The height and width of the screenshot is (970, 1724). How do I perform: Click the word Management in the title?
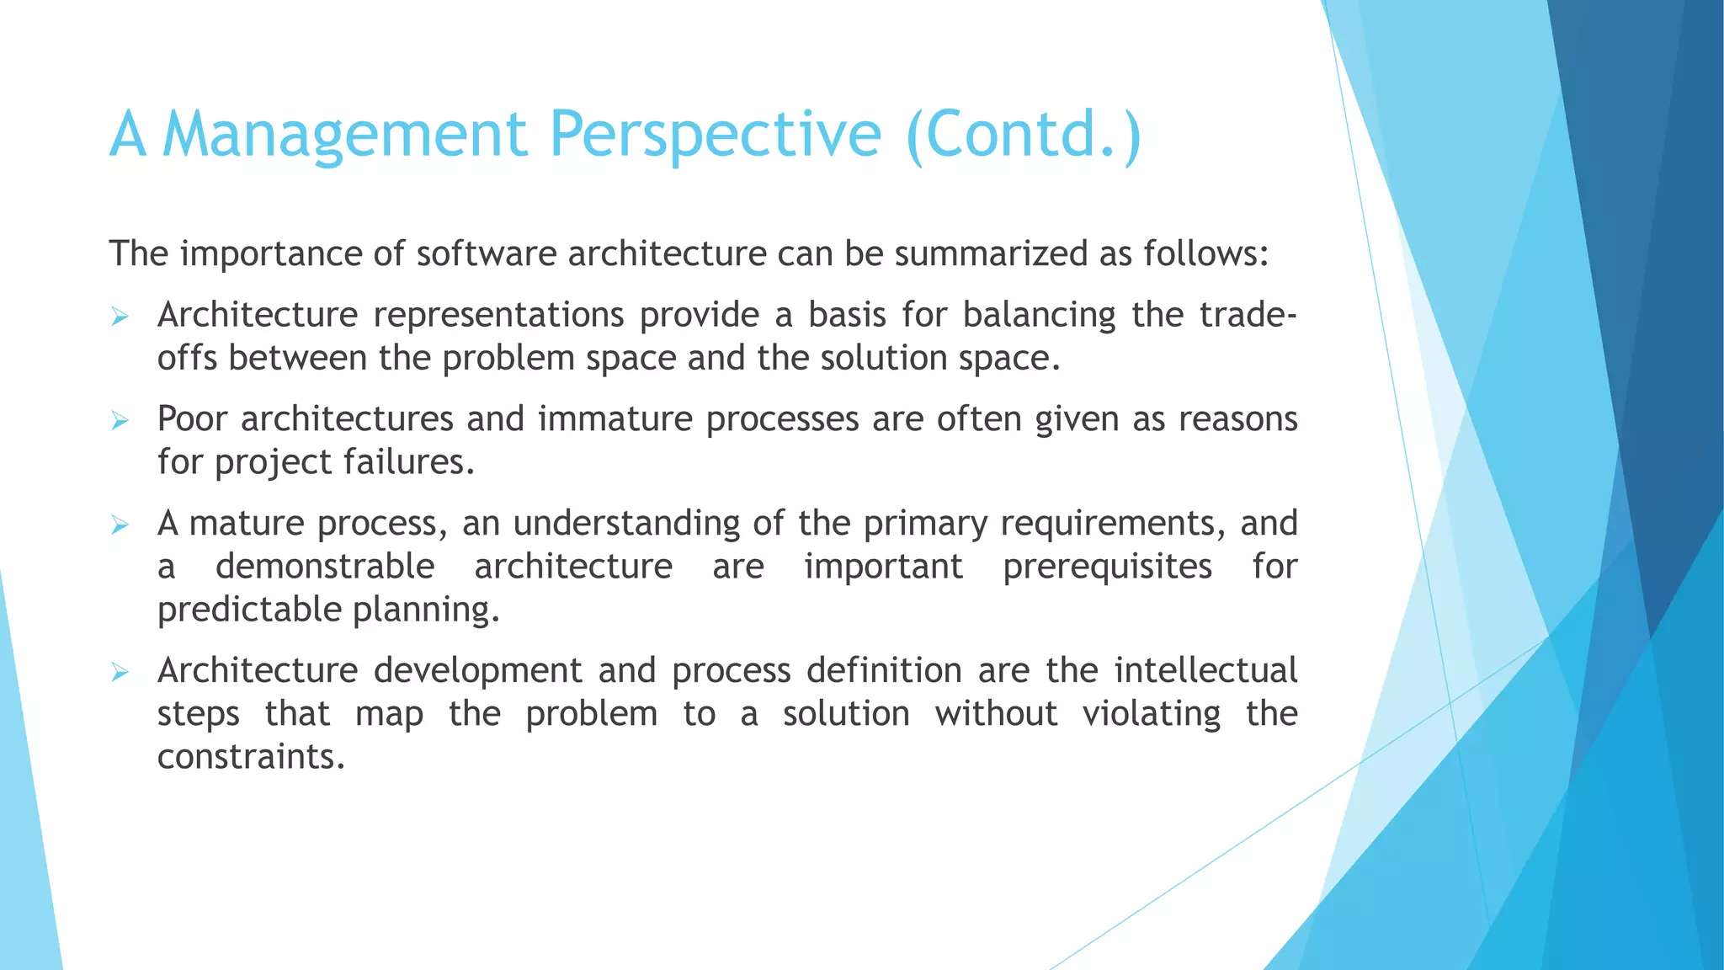click(344, 135)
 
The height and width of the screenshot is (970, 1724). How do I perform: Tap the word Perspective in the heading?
click(715, 135)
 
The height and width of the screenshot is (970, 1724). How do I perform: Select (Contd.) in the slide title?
click(1024, 135)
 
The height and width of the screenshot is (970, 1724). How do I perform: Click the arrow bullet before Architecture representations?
click(120, 317)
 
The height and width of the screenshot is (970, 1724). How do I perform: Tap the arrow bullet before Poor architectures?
click(120, 421)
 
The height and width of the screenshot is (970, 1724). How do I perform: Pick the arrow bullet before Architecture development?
click(120, 673)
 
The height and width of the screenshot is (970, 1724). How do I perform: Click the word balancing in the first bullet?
click(1039, 315)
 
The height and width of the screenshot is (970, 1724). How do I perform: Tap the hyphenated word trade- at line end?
click(1248, 315)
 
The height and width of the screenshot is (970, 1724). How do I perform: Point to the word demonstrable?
click(325, 566)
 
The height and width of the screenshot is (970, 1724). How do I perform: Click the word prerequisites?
click(1107, 566)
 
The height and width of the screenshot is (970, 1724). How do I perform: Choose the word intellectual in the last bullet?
click(1205, 670)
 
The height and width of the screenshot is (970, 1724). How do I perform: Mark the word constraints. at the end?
click(251, 756)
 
